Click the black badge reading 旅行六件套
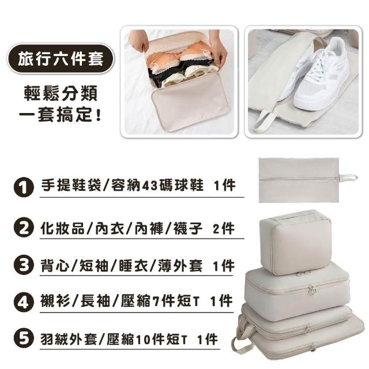[x=61, y=59]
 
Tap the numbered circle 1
[x=24, y=187]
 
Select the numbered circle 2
[x=24, y=228]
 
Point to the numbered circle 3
[x=24, y=265]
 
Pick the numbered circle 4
[x=24, y=302]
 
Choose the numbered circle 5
[x=24, y=338]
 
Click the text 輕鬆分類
[x=61, y=93]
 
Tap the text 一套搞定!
[x=60, y=115]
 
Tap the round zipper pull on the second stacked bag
[x=312, y=291]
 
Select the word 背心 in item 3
[x=55, y=266]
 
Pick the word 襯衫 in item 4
[x=55, y=301]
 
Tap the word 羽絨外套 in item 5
[x=69, y=340]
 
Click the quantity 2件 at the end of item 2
[x=224, y=228]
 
